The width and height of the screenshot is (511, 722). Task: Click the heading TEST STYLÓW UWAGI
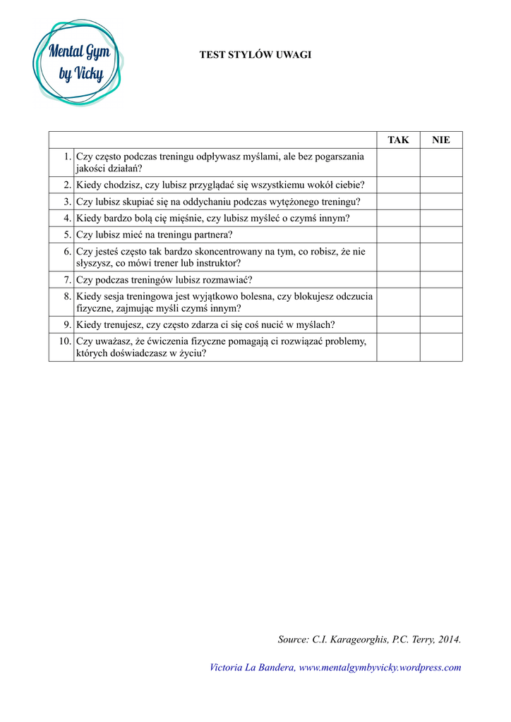click(x=255, y=54)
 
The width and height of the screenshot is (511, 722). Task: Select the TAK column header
click(x=398, y=140)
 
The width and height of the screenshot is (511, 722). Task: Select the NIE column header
click(x=441, y=140)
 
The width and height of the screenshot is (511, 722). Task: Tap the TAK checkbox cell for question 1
click(x=398, y=162)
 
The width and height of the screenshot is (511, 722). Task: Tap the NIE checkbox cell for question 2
click(x=441, y=185)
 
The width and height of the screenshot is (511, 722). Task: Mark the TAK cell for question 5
click(x=398, y=235)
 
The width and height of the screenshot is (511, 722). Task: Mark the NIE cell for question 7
click(x=441, y=279)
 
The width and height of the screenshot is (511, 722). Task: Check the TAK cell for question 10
click(x=398, y=347)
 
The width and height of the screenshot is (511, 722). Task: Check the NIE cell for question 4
click(x=441, y=218)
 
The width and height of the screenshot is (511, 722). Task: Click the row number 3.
click(x=67, y=202)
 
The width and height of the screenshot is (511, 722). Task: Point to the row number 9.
click(x=67, y=324)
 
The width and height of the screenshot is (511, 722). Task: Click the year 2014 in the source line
click(x=448, y=640)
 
